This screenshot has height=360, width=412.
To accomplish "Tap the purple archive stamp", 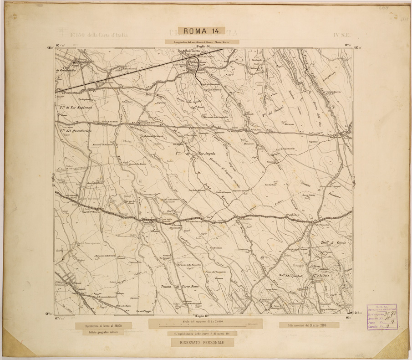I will coord(381,317).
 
